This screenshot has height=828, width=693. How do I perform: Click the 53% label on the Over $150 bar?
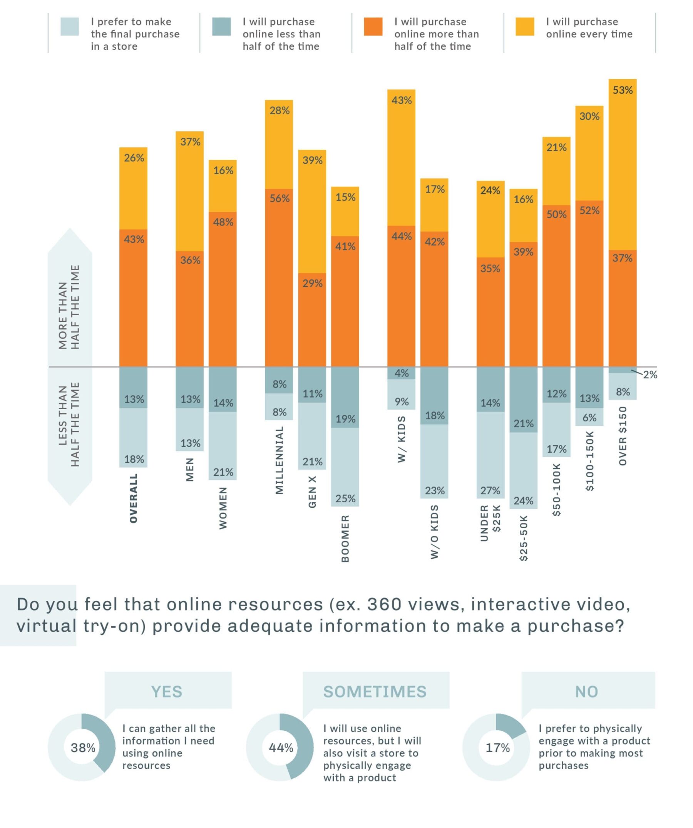(622, 90)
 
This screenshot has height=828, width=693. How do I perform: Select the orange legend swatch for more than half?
(373, 27)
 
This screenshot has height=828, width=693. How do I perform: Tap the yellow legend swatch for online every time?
(525, 27)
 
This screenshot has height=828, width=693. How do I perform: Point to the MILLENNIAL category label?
(279, 460)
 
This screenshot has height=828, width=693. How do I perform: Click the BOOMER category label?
(345, 538)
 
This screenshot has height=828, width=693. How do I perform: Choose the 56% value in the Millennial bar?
(279, 198)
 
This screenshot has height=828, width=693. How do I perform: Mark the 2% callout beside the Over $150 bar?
(650, 375)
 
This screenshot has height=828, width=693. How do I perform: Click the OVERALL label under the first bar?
(134, 498)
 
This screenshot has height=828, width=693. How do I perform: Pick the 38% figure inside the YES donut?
(83, 748)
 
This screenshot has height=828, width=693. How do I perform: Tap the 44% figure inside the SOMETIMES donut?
(281, 748)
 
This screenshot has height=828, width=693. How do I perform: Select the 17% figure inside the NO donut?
(497, 748)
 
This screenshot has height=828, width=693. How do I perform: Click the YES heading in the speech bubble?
(166, 692)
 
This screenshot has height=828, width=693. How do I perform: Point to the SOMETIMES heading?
(375, 692)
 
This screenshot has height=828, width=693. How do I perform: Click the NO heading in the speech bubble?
(586, 692)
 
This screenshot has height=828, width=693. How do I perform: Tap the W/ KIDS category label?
(402, 439)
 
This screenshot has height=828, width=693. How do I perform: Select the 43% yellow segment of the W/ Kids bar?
(401, 158)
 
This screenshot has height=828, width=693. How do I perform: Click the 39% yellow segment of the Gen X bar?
(312, 211)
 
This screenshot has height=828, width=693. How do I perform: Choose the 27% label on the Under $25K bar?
(490, 490)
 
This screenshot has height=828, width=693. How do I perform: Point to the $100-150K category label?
(589, 461)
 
